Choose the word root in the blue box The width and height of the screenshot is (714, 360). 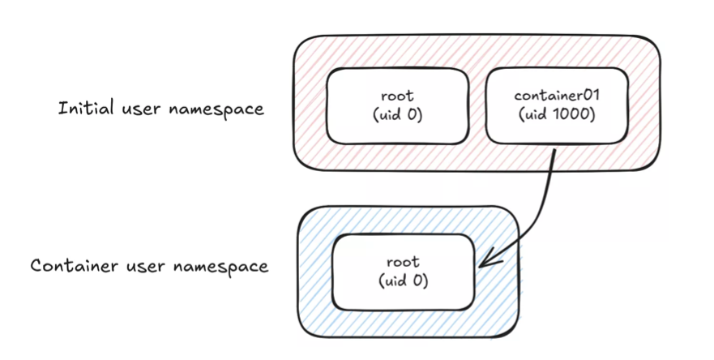coord(403,262)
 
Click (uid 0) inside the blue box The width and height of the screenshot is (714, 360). coord(403,281)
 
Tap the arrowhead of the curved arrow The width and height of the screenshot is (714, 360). coord(484,263)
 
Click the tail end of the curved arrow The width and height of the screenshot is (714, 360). coord(554,148)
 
